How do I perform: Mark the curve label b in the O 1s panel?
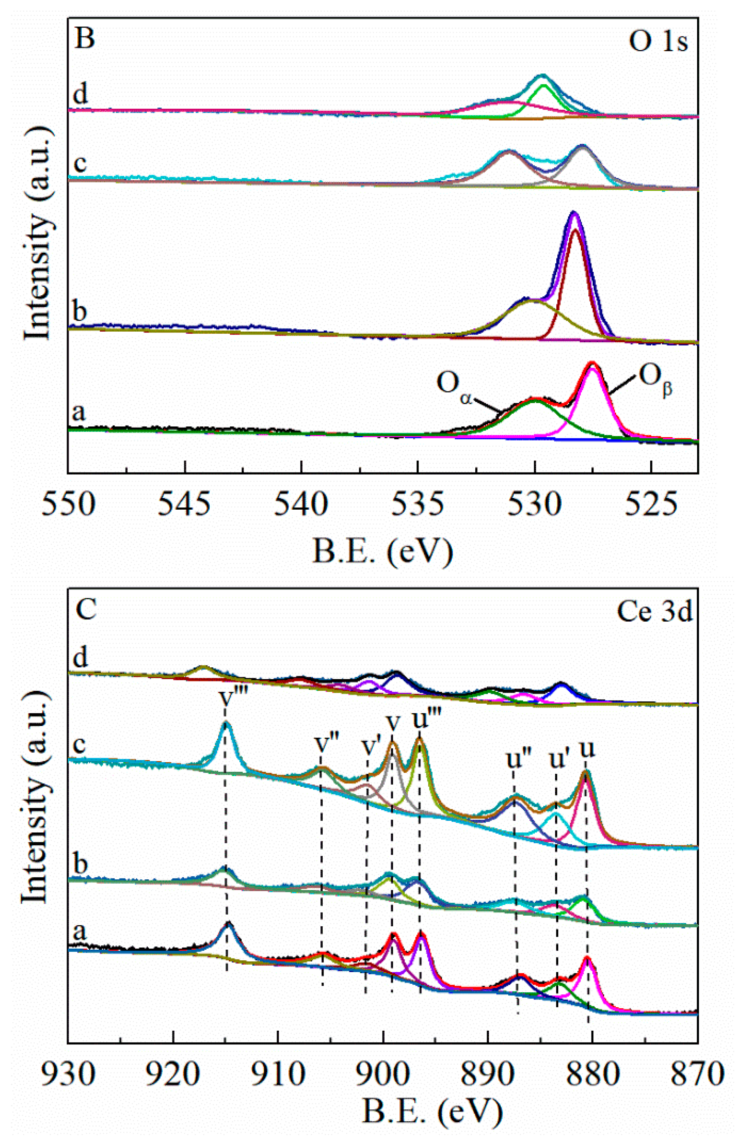coord(79,313)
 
